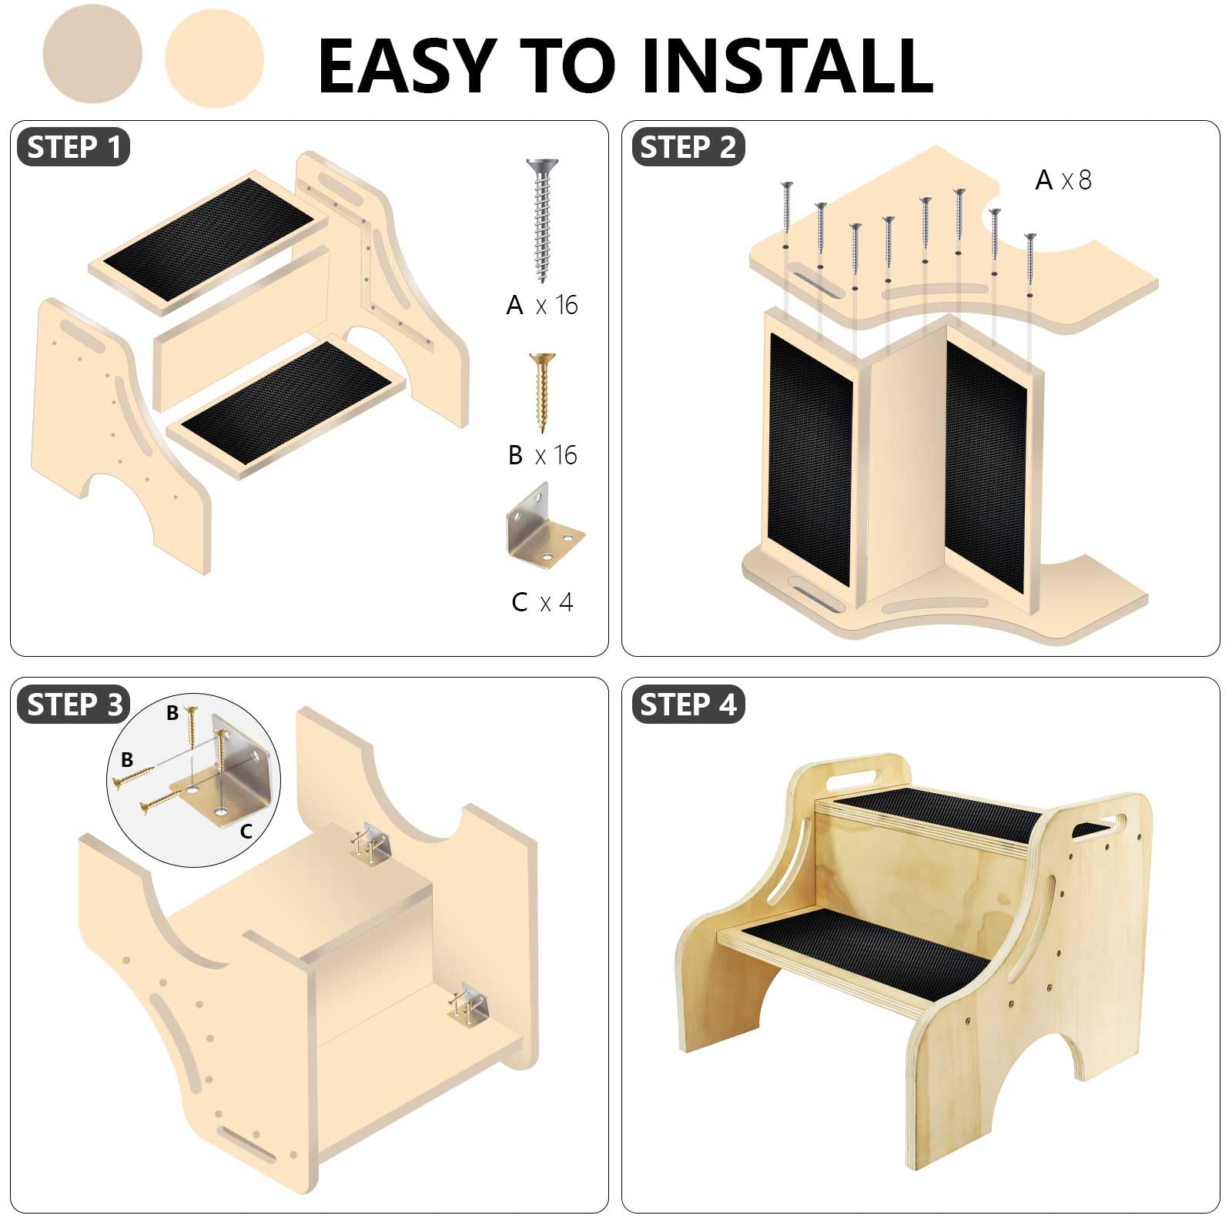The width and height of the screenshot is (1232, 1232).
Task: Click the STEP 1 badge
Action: [x=73, y=147]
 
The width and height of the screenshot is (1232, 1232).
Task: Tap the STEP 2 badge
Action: [x=688, y=147]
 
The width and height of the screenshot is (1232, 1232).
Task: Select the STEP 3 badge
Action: [x=73, y=705]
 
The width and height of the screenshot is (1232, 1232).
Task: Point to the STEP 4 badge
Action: [x=688, y=705]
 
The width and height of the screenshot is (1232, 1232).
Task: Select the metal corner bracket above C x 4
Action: [x=544, y=527]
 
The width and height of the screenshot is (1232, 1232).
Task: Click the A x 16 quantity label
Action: [x=542, y=306]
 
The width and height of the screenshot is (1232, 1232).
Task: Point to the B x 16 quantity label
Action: [x=542, y=455]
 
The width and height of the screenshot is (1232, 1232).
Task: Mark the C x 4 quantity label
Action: [x=542, y=601]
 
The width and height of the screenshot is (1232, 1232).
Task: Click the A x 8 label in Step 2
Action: [x=1063, y=180]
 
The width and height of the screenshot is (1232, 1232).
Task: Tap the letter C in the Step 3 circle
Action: [x=246, y=832]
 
